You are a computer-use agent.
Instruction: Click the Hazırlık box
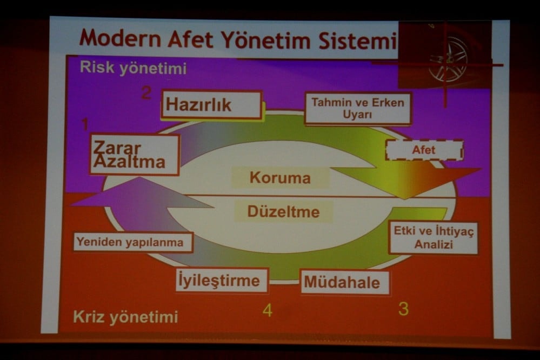pyautogui.click(x=211, y=105)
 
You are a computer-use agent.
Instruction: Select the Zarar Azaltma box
pyautogui.click(x=134, y=155)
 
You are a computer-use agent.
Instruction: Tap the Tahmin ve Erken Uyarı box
pyautogui.click(x=357, y=108)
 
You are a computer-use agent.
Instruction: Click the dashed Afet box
pyautogui.click(x=424, y=150)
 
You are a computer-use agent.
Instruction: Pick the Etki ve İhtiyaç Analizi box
pyautogui.click(x=433, y=238)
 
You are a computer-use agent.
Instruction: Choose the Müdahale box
pyautogui.click(x=344, y=282)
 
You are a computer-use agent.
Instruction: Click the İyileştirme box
pyautogui.click(x=222, y=280)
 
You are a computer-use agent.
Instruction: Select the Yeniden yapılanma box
pyautogui.click(x=132, y=242)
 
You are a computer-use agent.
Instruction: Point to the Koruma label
pyautogui.click(x=280, y=178)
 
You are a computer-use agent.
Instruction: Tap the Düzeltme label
pyautogui.click(x=283, y=211)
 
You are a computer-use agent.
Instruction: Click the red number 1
pyautogui.click(x=84, y=125)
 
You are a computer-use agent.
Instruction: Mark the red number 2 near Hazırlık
pyautogui.click(x=146, y=93)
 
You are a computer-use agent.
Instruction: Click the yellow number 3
pyautogui.click(x=403, y=309)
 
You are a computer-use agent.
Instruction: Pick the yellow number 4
pyautogui.click(x=268, y=310)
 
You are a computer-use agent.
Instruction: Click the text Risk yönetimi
pyautogui.click(x=133, y=69)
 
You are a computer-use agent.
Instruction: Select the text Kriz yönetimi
pyautogui.click(x=125, y=317)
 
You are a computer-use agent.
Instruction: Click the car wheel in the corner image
pyautogui.click(x=448, y=58)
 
